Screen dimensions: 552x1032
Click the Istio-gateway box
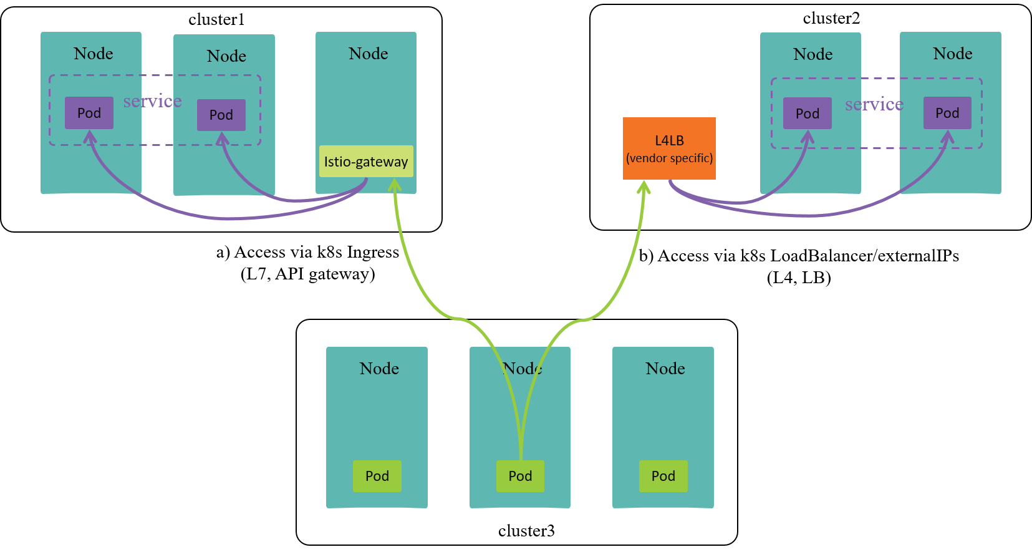366,162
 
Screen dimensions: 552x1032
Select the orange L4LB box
669,148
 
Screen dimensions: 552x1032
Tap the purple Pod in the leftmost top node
89,113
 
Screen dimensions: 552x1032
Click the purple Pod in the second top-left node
221,115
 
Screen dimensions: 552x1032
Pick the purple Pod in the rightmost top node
947,113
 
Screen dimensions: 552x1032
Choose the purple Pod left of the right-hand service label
808,114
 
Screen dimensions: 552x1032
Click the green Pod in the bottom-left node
377,476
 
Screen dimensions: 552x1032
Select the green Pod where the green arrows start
520,476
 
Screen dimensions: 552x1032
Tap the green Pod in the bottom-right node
663,476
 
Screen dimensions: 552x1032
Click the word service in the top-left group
153,101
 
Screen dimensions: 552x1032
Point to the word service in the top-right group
874,104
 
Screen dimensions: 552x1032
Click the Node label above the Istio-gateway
369,54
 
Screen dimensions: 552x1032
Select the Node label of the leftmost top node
94,54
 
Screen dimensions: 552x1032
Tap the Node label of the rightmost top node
953,54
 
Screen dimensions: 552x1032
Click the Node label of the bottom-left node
379,369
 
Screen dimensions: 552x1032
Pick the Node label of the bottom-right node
665,369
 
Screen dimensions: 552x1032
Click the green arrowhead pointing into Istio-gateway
394,185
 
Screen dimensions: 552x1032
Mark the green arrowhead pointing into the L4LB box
644,186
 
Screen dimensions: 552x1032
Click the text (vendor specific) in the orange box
669,158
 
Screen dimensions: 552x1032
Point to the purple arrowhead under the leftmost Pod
90,138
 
